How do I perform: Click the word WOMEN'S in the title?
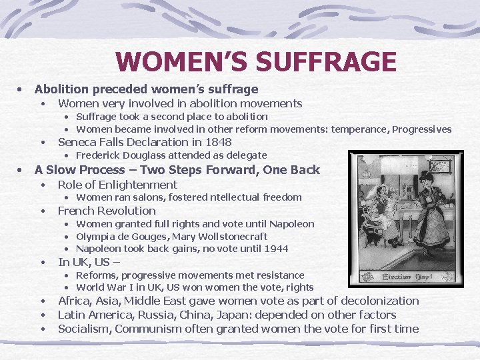point(170,62)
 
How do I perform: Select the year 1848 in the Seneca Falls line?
point(219,142)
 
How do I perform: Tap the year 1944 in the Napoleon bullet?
point(276,249)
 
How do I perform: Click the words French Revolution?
point(107,211)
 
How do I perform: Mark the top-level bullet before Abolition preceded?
point(21,89)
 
